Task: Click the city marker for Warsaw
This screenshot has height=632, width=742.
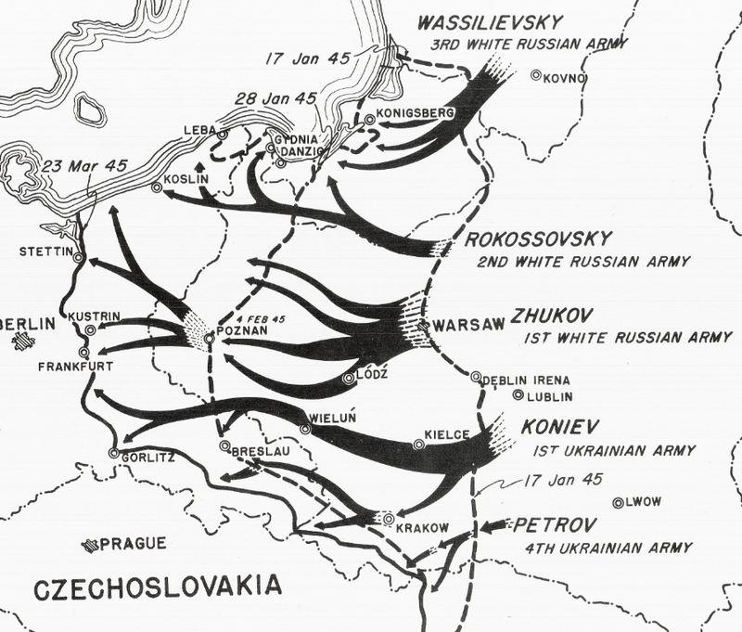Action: click(424, 326)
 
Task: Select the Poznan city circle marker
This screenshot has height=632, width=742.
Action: click(210, 340)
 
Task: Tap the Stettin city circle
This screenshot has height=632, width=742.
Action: click(79, 258)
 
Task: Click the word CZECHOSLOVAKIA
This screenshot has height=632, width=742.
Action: click(157, 587)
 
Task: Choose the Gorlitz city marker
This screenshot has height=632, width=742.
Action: click(113, 453)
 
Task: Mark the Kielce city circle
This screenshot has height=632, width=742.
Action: click(419, 445)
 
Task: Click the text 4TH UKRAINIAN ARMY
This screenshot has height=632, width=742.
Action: click(608, 548)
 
